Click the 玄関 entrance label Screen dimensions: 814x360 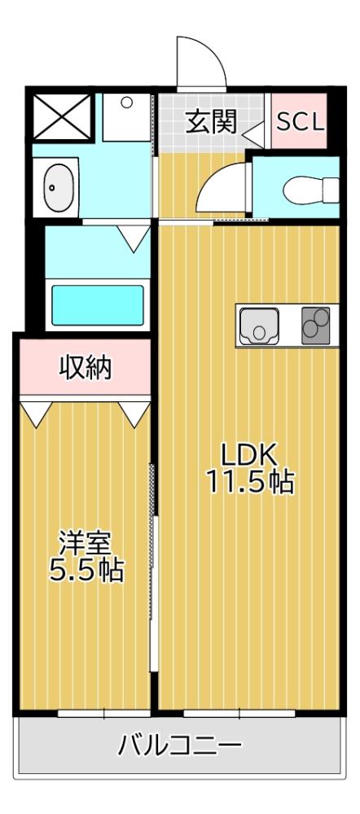(211, 123)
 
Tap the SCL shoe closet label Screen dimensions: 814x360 (301, 123)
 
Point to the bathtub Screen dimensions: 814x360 (98, 304)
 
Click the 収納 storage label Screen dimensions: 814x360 (86, 368)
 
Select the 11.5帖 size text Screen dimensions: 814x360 (248, 482)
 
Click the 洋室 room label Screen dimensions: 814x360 (85, 543)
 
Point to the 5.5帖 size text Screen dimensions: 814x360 (85, 570)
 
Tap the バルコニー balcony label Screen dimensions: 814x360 (179, 745)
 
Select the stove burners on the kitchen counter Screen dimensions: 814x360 (316, 326)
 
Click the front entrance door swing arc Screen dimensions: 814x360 (199, 61)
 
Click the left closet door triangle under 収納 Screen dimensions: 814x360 (33, 413)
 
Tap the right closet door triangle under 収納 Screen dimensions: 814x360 (136, 413)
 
